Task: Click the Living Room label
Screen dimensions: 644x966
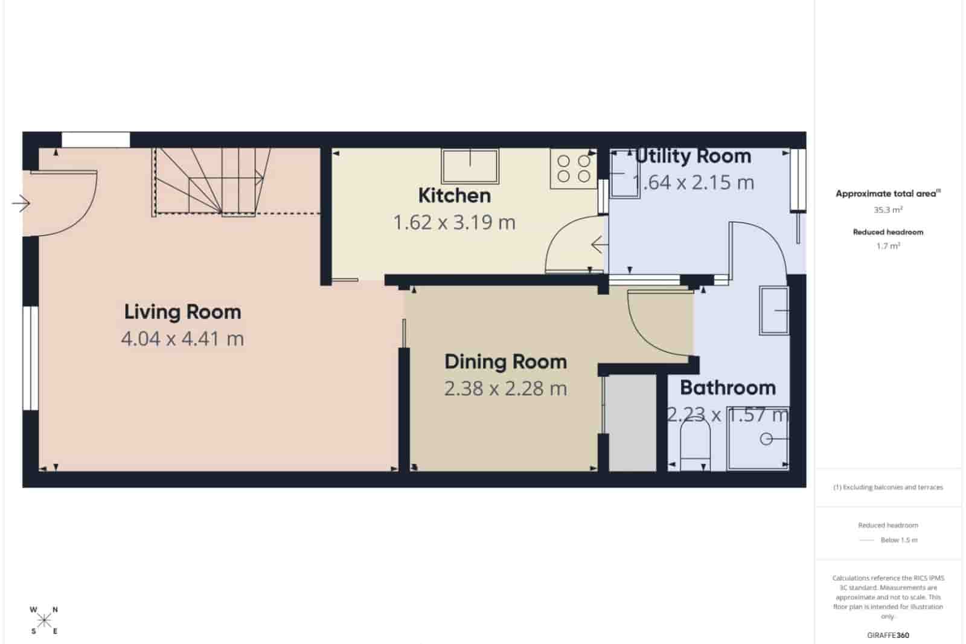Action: pyautogui.click(x=182, y=312)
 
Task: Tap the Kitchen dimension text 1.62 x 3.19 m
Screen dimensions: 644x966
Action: pyautogui.click(x=454, y=223)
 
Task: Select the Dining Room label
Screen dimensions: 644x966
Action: pyautogui.click(x=505, y=362)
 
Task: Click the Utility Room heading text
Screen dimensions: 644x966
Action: pyautogui.click(x=693, y=156)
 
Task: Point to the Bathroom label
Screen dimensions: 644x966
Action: pyautogui.click(x=728, y=388)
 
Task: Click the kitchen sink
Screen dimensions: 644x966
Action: pyautogui.click(x=470, y=166)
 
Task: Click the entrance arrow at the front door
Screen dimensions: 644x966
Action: pyautogui.click(x=21, y=204)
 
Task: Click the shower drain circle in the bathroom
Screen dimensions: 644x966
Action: pyautogui.click(x=766, y=439)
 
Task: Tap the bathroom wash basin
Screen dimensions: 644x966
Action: pyautogui.click(x=775, y=311)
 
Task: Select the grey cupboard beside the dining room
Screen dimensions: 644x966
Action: pyautogui.click(x=632, y=422)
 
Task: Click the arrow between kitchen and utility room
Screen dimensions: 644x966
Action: pyautogui.click(x=599, y=245)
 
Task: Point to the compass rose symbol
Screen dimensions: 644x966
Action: pyautogui.click(x=43, y=620)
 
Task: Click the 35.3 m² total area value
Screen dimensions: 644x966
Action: pyautogui.click(x=888, y=210)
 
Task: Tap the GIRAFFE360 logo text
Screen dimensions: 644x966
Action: pyautogui.click(x=888, y=635)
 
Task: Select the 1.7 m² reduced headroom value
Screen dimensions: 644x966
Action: pyautogui.click(x=888, y=246)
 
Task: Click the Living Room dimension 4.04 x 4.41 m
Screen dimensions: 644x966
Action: pyautogui.click(x=182, y=339)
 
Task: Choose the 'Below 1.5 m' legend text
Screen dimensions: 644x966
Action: pyautogui.click(x=898, y=540)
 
